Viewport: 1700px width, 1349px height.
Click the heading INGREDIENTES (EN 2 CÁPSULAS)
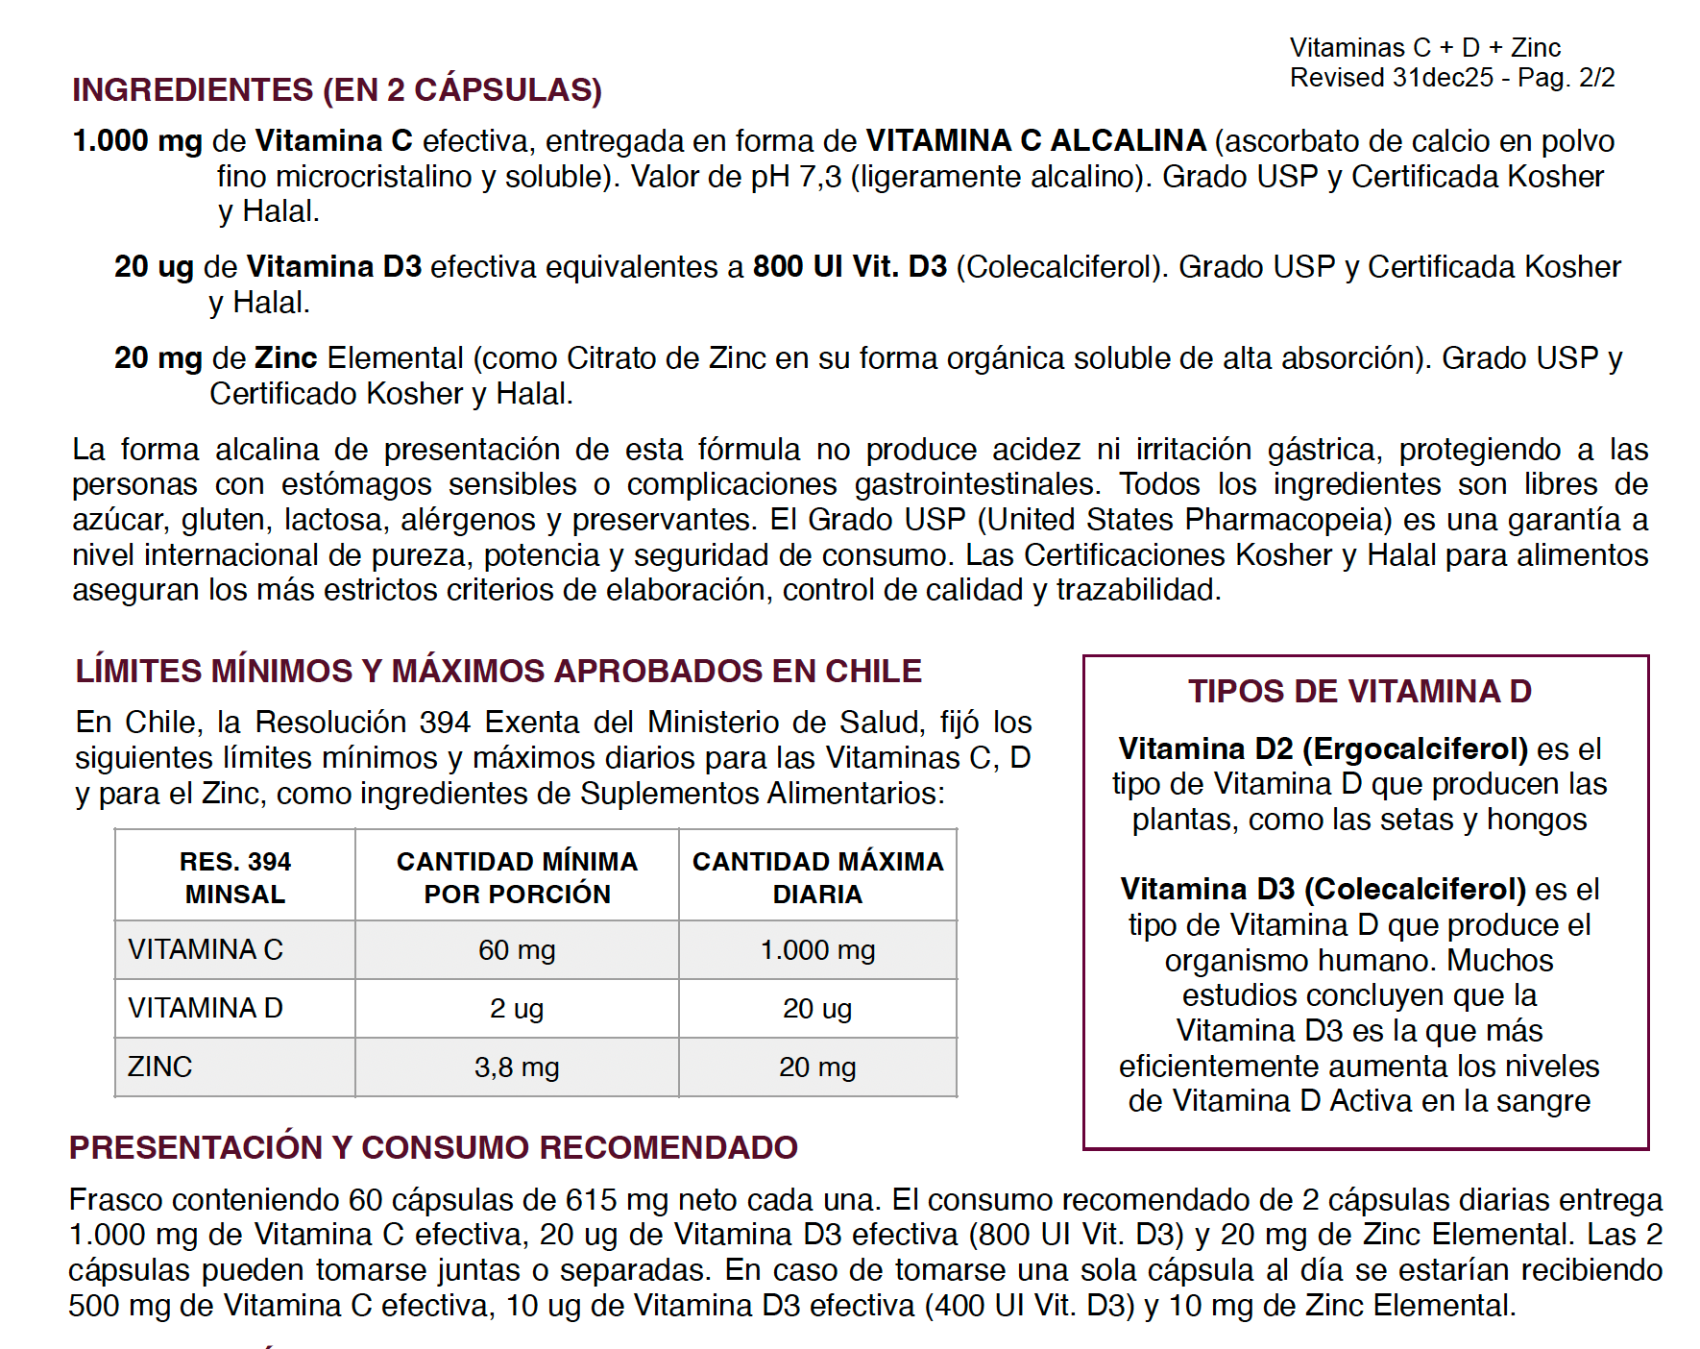[x=337, y=89]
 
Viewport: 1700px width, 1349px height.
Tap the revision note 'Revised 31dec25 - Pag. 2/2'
[x=1451, y=78]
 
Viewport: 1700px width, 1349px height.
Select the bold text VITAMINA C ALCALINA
[x=1035, y=141]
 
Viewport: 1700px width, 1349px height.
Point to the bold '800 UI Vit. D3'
[x=849, y=266]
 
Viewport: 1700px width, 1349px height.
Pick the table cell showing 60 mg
[x=517, y=950]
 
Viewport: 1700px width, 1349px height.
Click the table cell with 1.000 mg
[x=817, y=950]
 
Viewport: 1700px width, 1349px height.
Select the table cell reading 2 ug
[x=517, y=1009]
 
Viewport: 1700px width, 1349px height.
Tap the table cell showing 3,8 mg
[x=517, y=1067]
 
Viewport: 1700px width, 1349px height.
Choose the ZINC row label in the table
[x=160, y=1067]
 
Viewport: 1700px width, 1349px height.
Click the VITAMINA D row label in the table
[x=206, y=1008]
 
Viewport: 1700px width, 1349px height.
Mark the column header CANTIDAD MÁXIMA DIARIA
[x=817, y=877]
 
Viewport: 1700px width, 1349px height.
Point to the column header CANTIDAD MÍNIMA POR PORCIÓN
[x=517, y=877]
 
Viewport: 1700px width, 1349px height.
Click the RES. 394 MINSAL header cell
[x=235, y=877]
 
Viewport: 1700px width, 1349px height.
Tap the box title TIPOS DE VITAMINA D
[x=1359, y=692]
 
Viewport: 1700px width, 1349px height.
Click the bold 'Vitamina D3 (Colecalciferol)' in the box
[x=1323, y=889]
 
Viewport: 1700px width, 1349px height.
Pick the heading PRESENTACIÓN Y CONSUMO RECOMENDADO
[x=433, y=1147]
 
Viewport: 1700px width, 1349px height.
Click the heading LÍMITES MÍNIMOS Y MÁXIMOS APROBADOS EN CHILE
[x=498, y=671]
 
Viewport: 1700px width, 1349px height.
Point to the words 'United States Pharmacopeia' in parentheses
[x=1184, y=520]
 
